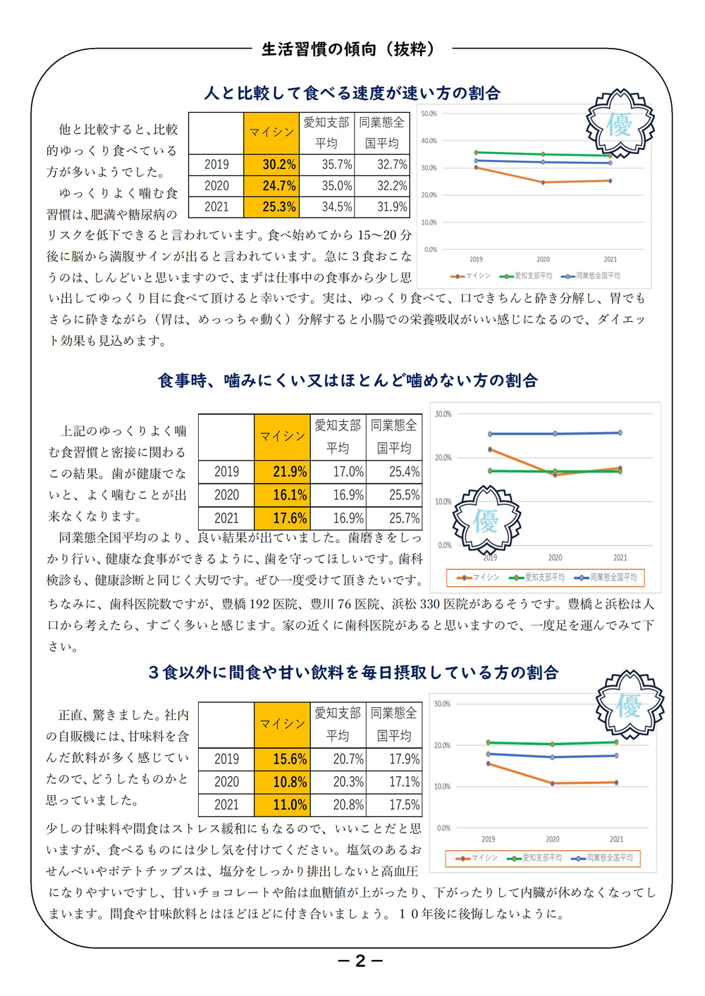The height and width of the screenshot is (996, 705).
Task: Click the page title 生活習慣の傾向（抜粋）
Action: tap(348, 49)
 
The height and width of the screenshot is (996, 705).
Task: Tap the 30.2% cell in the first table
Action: tap(271, 165)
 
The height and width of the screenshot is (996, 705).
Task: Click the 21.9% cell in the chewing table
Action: tap(282, 472)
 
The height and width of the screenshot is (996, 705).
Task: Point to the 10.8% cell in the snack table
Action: tap(282, 782)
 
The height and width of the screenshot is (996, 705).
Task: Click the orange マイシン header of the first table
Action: tap(271, 133)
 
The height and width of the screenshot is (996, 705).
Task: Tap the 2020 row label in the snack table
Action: tap(226, 782)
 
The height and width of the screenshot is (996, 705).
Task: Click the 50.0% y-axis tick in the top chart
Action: tap(429, 114)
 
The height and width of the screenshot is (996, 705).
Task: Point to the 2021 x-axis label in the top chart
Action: tap(611, 259)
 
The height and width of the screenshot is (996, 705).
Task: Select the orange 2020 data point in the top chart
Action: tap(543, 182)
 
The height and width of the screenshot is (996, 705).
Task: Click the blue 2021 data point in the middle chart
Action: tap(620, 432)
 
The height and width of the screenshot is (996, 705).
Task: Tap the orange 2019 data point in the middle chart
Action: tap(490, 449)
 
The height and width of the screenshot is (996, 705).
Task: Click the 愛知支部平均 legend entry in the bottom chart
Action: tap(534, 858)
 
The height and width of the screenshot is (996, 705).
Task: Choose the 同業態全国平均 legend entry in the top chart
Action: tap(591, 275)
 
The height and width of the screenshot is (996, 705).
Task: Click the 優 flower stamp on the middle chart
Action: tap(486, 521)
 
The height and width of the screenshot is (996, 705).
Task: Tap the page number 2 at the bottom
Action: tap(360, 961)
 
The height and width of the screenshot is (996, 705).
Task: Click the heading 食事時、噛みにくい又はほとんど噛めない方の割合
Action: tap(348, 380)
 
